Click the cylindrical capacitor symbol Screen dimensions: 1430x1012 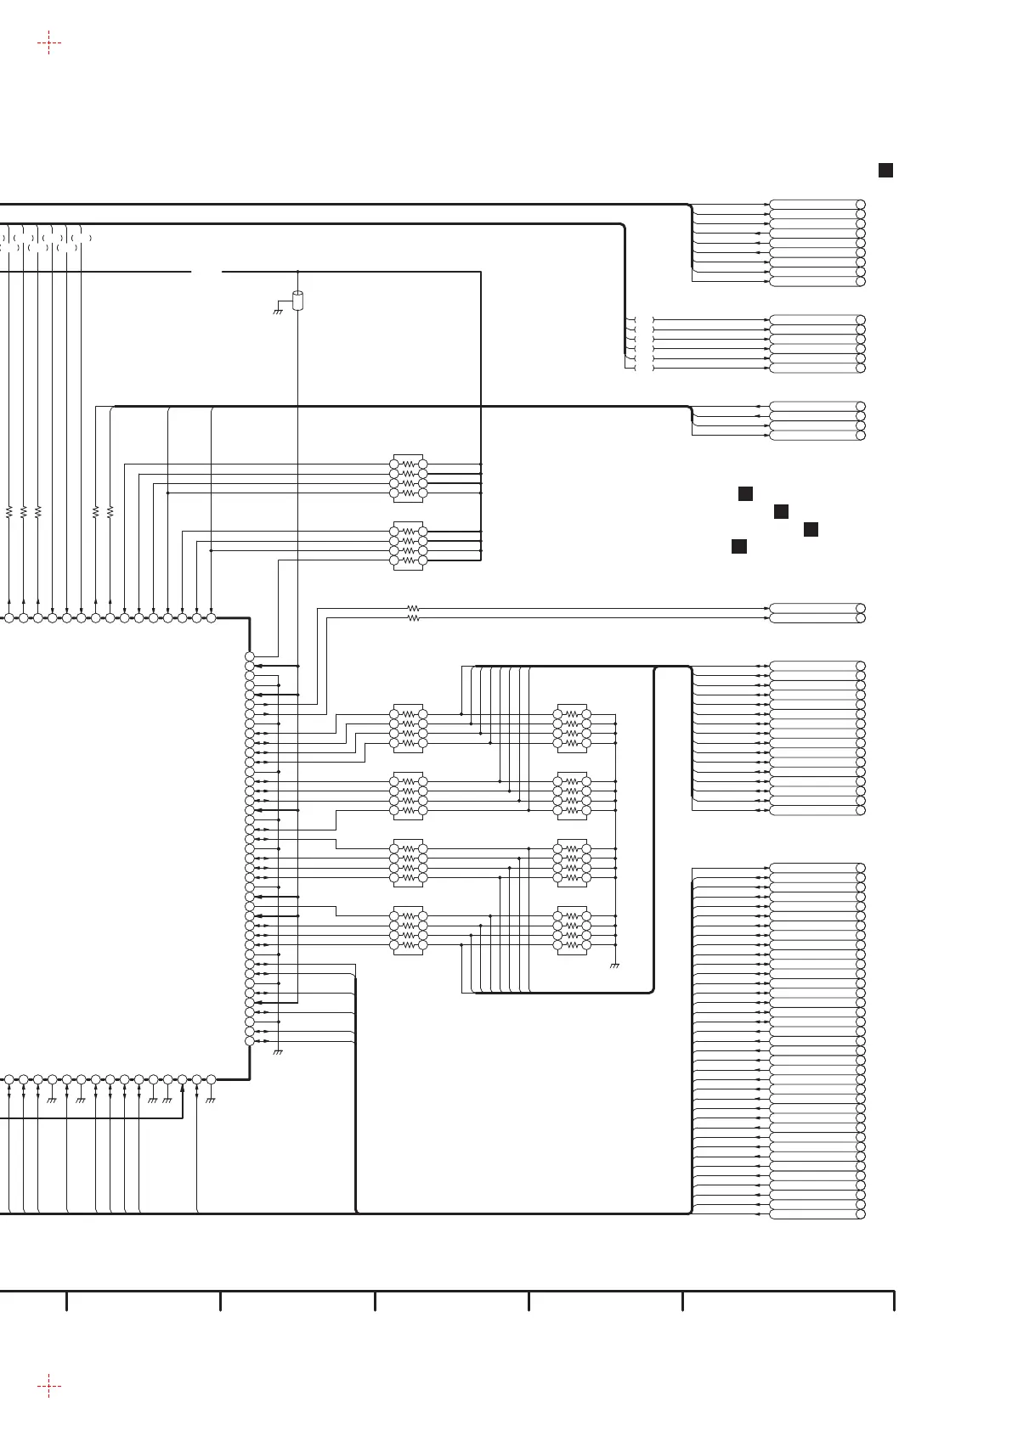click(x=297, y=301)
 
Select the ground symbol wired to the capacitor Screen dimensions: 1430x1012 click(x=277, y=311)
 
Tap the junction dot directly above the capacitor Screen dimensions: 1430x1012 click(x=298, y=272)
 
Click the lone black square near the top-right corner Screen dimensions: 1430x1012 click(x=885, y=171)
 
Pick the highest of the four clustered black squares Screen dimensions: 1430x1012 click(x=745, y=493)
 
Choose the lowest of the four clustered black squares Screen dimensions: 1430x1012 click(x=739, y=546)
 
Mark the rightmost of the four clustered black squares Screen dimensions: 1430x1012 click(x=811, y=529)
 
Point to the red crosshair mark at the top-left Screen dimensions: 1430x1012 click(x=49, y=43)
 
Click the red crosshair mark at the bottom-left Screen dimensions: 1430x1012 click(x=49, y=1387)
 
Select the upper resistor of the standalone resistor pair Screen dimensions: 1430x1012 click(x=413, y=609)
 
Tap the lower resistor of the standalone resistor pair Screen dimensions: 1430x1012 click(x=413, y=619)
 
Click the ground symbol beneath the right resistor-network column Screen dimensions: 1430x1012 click(x=614, y=966)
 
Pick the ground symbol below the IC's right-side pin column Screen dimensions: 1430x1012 click(x=278, y=1053)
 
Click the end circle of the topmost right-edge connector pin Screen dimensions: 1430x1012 click(x=861, y=205)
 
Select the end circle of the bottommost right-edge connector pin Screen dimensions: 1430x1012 click(x=861, y=1214)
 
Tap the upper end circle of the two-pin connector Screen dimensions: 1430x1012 click(x=861, y=609)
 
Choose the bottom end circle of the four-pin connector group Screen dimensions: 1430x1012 click(x=861, y=435)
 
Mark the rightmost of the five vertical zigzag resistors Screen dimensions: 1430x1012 click(x=110, y=511)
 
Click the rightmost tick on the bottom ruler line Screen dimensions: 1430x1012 click(x=894, y=1300)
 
